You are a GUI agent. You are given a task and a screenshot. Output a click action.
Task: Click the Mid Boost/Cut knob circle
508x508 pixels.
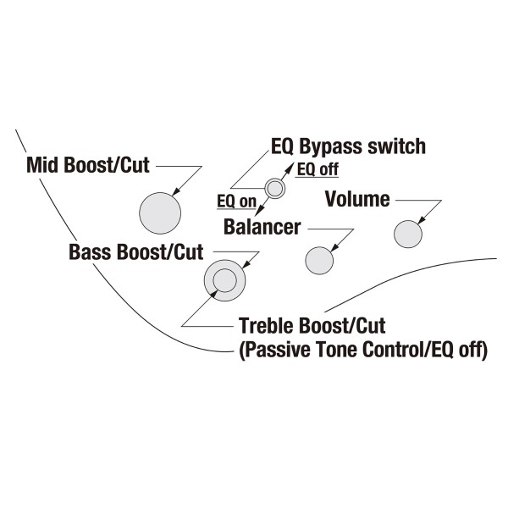pyautogui.click(x=160, y=213)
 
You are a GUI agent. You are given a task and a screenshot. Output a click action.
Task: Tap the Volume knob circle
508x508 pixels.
pyautogui.click(x=408, y=235)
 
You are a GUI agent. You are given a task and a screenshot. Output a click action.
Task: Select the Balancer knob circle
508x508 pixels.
pyautogui.click(x=319, y=261)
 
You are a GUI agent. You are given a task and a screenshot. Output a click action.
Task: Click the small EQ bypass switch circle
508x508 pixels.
pyautogui.click(x=275, y=188)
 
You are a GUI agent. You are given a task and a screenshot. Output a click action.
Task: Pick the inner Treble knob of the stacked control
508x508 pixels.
pyautogui.click(x=225, y=280)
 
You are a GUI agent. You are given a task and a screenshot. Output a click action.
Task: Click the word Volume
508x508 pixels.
pyautogui.click(x=357, y=199)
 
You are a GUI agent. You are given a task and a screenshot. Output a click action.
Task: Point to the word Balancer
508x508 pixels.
pyautogui.click(x=262, y=227)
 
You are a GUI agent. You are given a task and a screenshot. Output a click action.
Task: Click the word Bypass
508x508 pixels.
pyautogui.click(x=331, y=146)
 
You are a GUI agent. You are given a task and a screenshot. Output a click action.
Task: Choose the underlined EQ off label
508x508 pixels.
pyautogui.click(x=317, y=169)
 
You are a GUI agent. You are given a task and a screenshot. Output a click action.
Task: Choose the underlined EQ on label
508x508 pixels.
pyautogui.click(x=237, y=202)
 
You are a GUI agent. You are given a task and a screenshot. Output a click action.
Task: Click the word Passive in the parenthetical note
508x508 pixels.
pyautogui.click(x=276, y=350)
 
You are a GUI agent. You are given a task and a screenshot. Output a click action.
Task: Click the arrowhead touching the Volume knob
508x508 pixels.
pyautogui.click(x=422, y=220)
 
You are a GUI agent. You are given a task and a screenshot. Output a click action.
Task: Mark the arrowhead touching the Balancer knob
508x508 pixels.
pyautogui.click(x=334, y=247)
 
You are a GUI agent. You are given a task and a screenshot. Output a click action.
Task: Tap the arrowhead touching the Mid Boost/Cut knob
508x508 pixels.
pyautogui.click(x=176, y=192)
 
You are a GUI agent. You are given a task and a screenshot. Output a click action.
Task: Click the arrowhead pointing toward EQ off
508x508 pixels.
pyautogui.click(x=291, y=167)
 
